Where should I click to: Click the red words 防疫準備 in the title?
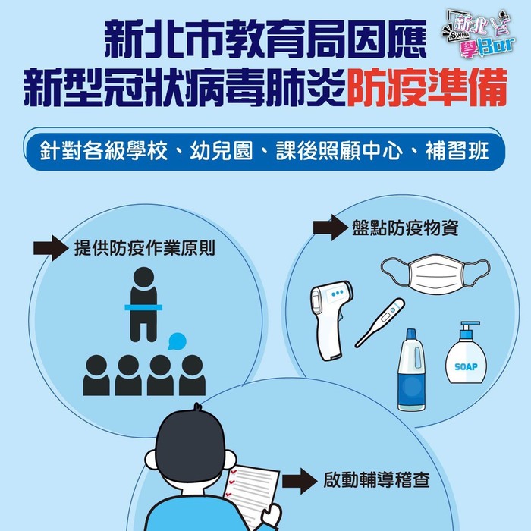coord(426,87)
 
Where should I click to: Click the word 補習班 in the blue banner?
coord(457,151)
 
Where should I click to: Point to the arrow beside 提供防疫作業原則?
coord(51,248)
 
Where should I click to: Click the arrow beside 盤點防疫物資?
coord(331,228)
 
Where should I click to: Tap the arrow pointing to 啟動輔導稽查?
coord(300,481)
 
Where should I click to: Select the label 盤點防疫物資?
coord(405,228)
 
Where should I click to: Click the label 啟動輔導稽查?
coord(376,480)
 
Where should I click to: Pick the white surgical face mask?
coord(435,274)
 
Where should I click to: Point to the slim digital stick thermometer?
coord(380,322)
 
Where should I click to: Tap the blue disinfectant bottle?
coord(411,370)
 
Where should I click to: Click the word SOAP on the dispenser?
coord(466,366)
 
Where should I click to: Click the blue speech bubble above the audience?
coord(177,341)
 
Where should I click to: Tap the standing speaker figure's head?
coord(143,277)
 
